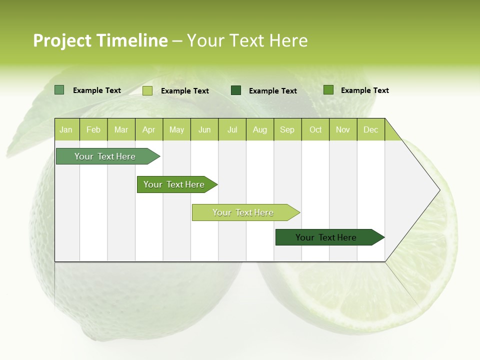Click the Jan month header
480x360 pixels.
click(x=66, y=129)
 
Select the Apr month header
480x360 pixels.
click(x=149, y=129)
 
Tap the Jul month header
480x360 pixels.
click(x=232, y=129)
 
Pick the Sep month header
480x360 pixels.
click(x=287, y=129)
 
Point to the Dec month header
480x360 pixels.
click(x=370, y=129)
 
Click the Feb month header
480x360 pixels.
click(x=93, y=129)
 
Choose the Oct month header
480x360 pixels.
click(x=315, y=129)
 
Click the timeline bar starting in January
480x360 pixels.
click(x=105, y=156)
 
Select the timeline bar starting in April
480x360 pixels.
click(x=174, y=184)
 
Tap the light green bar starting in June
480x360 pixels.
click(x=243, y=212)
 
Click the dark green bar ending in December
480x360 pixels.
click(x=326, y=237)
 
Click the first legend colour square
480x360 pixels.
click(x=59, y=90)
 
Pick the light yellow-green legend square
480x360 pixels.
click(x=147, y=90)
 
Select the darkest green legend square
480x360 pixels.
click(x=236, y=90)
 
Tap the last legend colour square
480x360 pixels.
click(x=328, y=90)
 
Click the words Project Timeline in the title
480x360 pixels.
click(x=100, y=40)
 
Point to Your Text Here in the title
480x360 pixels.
click(x=247, y=40)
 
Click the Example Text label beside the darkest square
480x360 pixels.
click(x=273, y=91)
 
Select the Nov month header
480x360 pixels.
click(x=343, y=129)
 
